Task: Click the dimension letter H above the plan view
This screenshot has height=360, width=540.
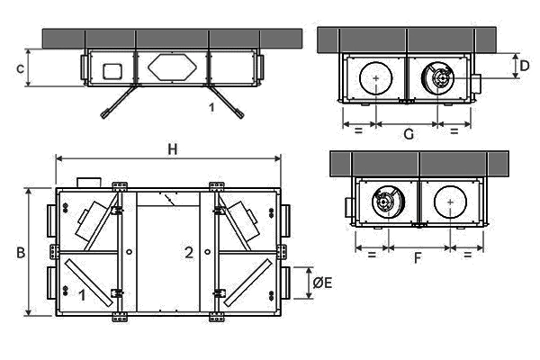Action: point(173,149)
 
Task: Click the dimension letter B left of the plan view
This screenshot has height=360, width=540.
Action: point(21,253)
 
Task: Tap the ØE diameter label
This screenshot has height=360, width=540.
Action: point(322,283)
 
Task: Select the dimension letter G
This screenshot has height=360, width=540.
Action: point(409,134)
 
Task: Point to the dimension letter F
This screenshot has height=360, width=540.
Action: point(418,257)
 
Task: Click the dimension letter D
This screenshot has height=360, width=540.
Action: point(524,66)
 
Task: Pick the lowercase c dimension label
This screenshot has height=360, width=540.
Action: point(21,68)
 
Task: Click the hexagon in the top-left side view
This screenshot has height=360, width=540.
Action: point(172,67)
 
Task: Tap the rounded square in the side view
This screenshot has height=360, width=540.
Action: point(112,71)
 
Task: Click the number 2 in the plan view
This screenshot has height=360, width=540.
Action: point(189,253)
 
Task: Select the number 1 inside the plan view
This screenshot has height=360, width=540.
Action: point(82,295)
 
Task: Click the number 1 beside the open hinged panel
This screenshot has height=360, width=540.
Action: point(211,107)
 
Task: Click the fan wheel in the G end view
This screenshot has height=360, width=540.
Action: point(437,78)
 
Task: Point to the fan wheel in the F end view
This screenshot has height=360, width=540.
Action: point(388,202)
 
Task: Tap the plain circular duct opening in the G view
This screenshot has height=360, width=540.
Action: point(375,78)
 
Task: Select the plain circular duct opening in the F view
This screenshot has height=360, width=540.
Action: point(451,202)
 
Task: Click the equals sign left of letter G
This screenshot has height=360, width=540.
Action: point(358,130)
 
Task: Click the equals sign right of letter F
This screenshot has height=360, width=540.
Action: point(467,255)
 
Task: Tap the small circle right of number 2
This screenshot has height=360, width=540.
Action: point(207,252)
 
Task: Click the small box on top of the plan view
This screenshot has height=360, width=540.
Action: point(89,183)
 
